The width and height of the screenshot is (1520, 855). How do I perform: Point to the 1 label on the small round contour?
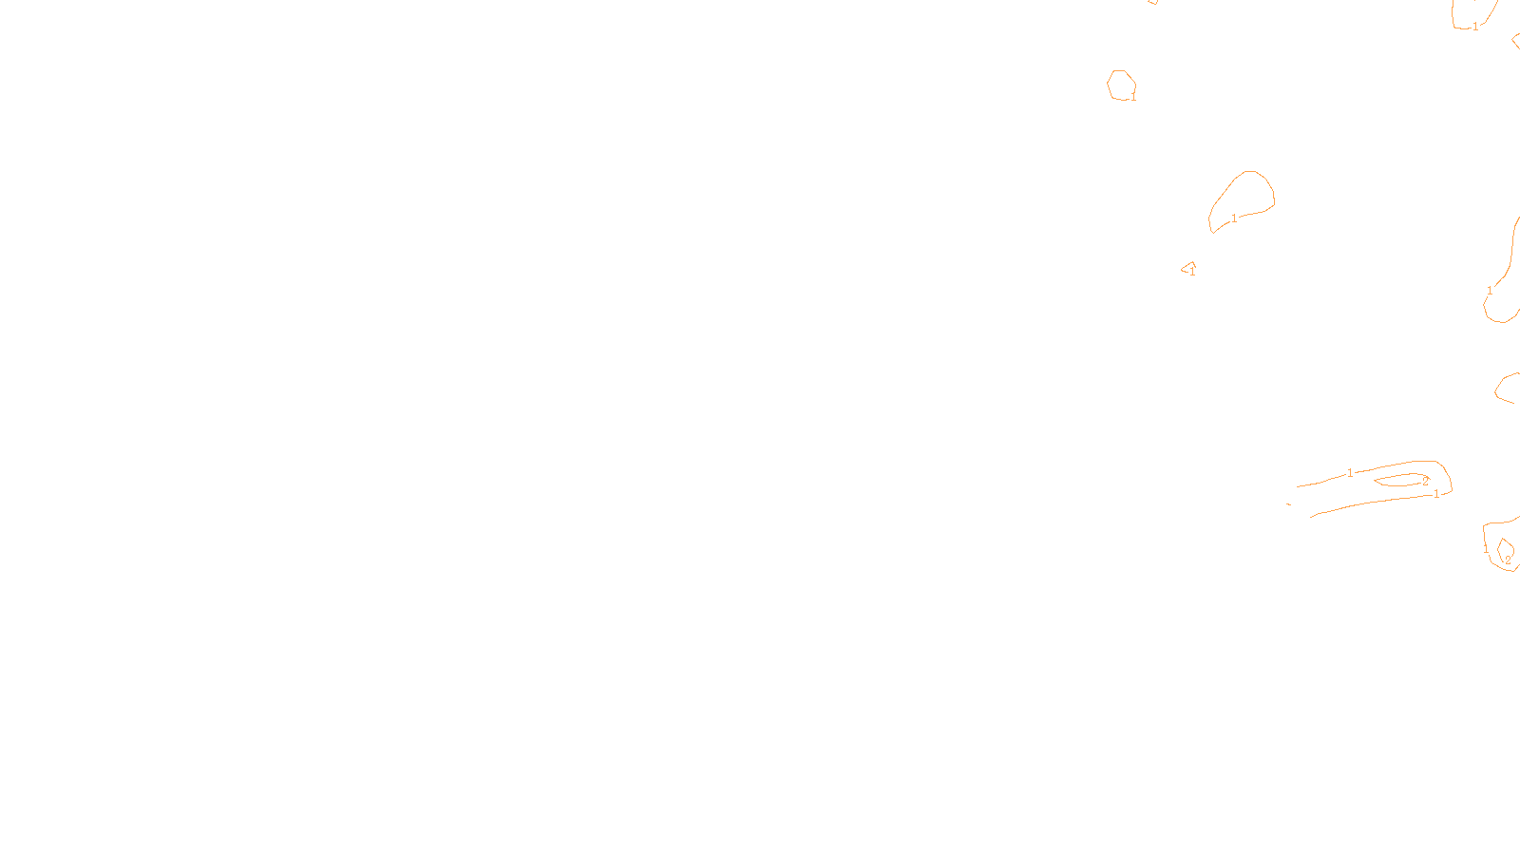pos(1133,97)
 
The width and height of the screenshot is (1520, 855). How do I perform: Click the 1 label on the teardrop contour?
pos(1234,218)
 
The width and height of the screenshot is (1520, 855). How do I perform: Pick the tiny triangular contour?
pos(1187,267)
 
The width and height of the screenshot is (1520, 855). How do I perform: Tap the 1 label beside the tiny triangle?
pos(1192,273)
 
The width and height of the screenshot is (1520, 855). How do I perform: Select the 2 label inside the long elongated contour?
pos(1425,482)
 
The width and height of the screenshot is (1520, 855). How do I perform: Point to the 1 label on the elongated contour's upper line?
pos(1350,473)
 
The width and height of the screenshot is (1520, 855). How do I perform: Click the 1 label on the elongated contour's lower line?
pos(1436,494)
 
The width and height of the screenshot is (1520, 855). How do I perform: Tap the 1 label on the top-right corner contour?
pos(1475,27)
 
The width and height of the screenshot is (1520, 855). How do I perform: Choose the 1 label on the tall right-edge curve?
pos(1490,291)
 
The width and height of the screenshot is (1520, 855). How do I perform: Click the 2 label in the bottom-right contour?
pos(1508,560)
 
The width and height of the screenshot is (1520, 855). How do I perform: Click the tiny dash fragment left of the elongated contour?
pos(1288,504)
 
